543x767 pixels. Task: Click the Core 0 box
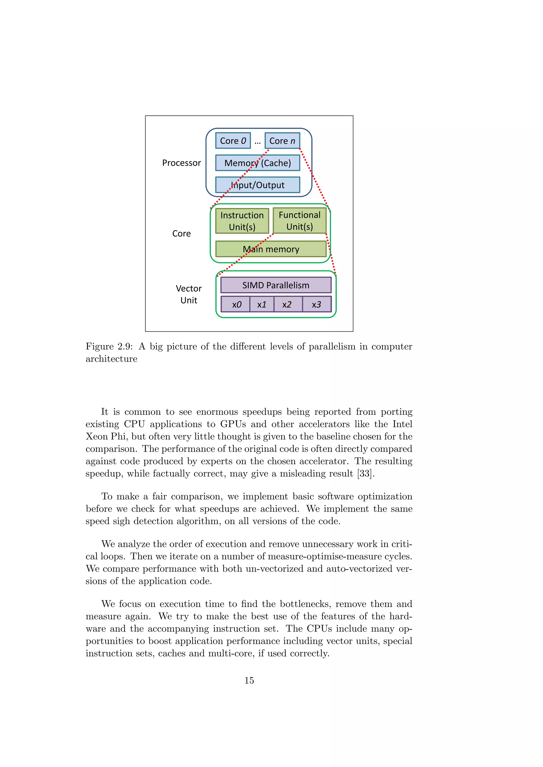[x=233, y=141]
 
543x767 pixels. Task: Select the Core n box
[x=282, y=141]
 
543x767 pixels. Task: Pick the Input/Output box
[x=257, y=185]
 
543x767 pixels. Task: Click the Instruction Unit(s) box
[x=242, y=221]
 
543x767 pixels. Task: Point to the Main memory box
[x=271, y=249]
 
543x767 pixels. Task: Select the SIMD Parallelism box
[x=276, y=285]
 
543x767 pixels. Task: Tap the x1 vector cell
[x=262, y=304]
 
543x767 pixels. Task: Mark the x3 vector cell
[x=317, y=304]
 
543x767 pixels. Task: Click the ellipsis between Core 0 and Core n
[x=257, y=142]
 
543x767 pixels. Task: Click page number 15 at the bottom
[x=249, y=680]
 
